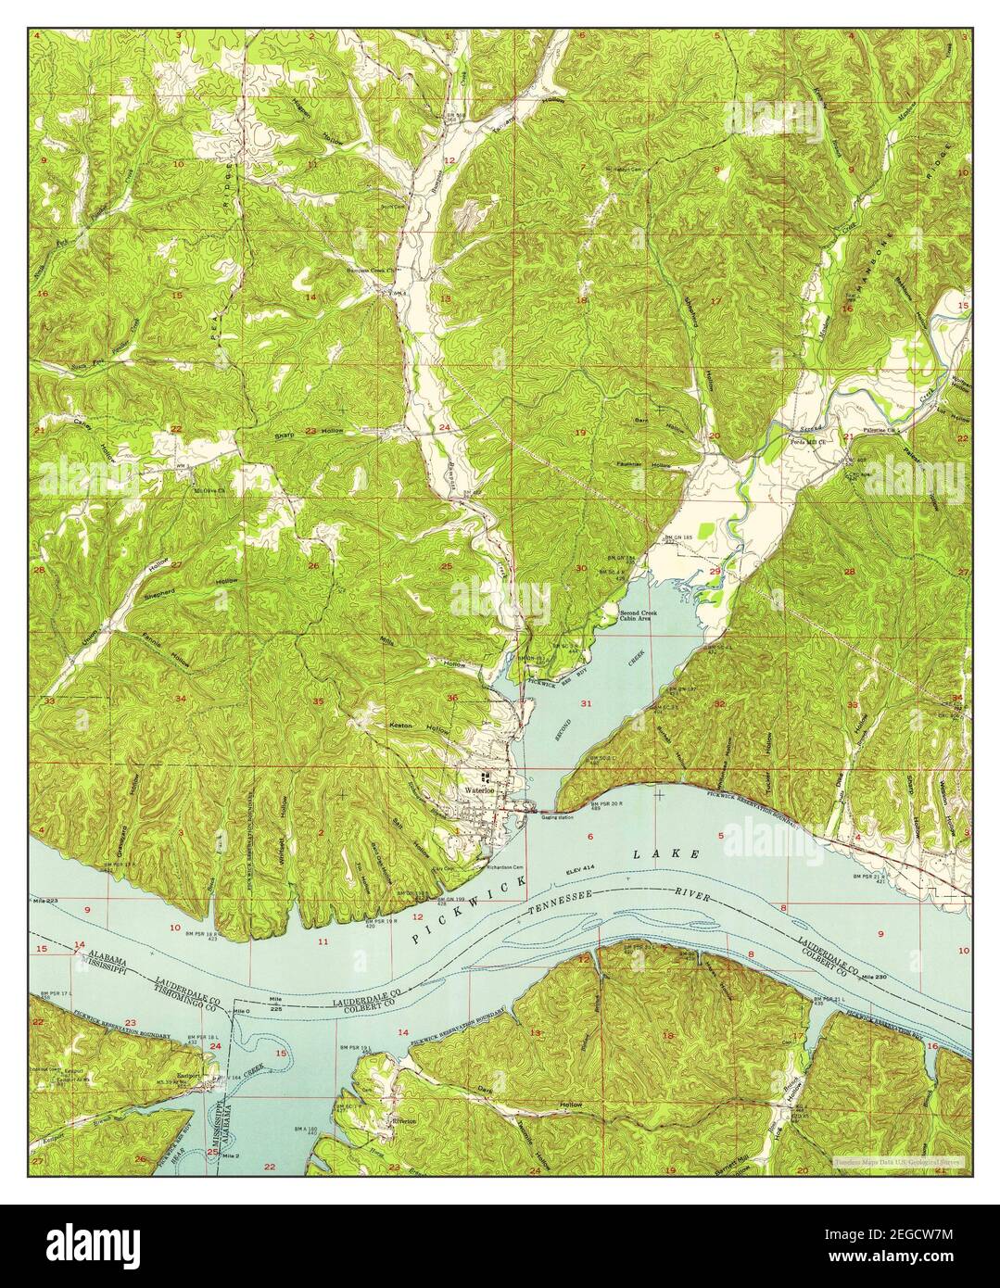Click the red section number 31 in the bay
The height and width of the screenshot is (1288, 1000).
coord(586,704)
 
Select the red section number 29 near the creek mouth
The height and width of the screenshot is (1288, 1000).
coord(715,572)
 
